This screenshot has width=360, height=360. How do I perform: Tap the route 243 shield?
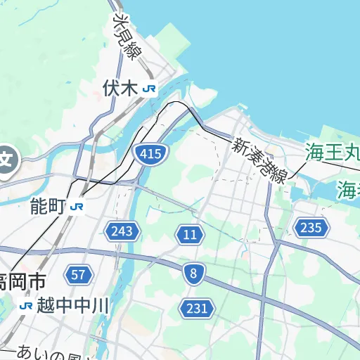[x=122, y=231]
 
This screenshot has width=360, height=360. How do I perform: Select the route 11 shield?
[x=189, y=235]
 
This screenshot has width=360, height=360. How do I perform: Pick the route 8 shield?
[x=193, y=275]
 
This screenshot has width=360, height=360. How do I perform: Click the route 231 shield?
[x=197, y=308]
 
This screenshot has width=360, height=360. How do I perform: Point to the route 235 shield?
[x=310, y=227]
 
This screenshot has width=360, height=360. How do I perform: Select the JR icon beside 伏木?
[x=148, y=89]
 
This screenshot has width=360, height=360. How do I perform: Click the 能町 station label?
[x=48, y=206]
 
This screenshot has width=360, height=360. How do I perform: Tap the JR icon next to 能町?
[x=77, y=207]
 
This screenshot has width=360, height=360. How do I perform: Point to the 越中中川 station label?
[x=74, y=306]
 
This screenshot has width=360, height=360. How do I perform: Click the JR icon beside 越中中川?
[x=26, y=306]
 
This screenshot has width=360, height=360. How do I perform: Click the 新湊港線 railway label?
[x=260, y=161]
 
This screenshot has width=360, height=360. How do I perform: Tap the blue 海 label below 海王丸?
[x=348, y=189]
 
